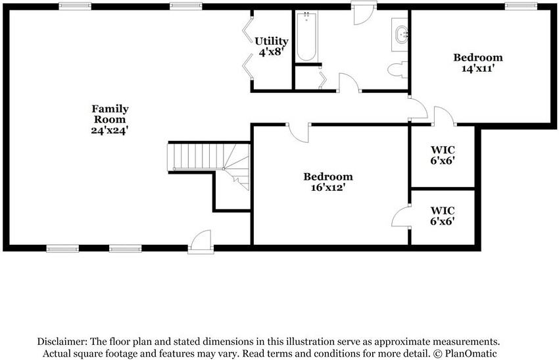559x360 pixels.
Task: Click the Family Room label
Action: tap(109, 114)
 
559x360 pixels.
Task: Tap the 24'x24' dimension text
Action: tap(109, 130)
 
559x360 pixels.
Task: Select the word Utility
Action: tap(272, 41)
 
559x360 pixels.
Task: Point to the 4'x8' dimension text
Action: tap(270, 51)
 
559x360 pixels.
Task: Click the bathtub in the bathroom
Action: tap(307, 38)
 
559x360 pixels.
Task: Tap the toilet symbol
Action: tap(396, 69)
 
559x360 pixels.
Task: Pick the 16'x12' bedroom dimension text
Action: tap(328, 187)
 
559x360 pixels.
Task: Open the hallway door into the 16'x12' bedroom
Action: tap(300, 132)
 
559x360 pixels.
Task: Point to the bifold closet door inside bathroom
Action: tap(322, 79)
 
